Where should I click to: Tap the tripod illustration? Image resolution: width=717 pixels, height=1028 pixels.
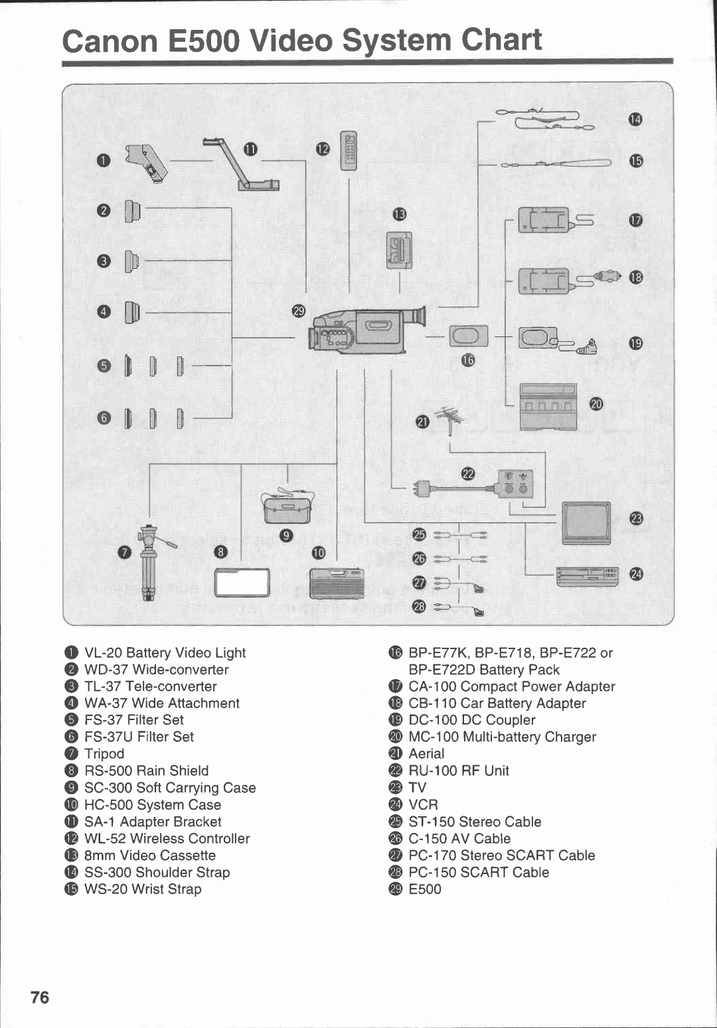click(x=149, y=561)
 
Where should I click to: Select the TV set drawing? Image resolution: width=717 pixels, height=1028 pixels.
click(x=586, y=523)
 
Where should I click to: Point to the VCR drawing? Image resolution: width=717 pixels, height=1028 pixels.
click(x=587, y=576)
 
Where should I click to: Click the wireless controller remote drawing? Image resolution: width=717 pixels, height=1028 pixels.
click(x=348, y=151)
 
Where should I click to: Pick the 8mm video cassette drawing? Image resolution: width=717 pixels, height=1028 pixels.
click(x=400, y=250)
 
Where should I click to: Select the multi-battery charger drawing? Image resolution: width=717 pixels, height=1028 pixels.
click(x=548, y=406)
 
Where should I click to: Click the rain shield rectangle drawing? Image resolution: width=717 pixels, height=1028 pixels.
click(x=242, y=583)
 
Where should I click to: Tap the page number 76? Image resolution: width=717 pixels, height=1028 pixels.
click(x=40, y=997)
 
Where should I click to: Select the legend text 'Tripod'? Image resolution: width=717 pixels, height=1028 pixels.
click(x=104, y=754)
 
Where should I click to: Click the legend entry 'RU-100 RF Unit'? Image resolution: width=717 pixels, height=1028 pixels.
click(x=459, y=771)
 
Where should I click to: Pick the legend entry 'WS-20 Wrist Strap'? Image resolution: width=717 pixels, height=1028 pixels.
click(x=143, y=889)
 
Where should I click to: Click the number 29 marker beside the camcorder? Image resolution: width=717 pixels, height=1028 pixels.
click(x=299, y=311)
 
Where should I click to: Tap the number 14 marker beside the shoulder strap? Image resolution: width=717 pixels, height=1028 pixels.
click(x=635, y=119)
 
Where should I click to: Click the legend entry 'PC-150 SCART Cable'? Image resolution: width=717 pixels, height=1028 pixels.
click(x=479, y=873)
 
